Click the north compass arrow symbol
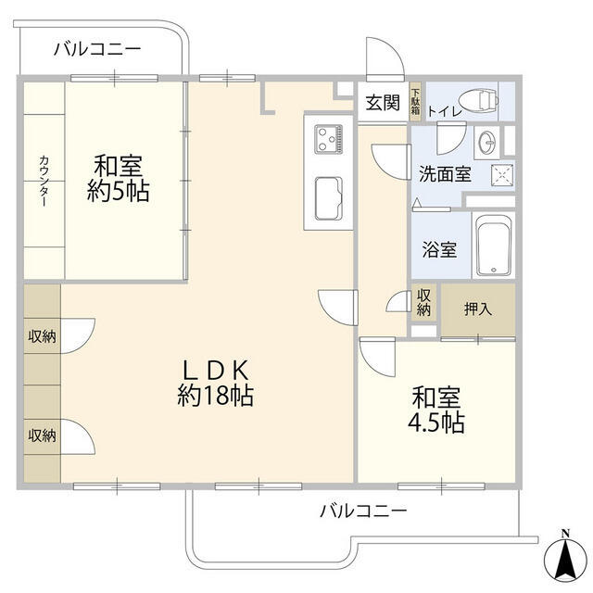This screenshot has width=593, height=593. (564, 555)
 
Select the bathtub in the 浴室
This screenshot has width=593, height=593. (492, 247)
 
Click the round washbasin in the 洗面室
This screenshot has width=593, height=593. (488, 142)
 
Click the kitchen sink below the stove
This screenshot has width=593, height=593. (328, 196)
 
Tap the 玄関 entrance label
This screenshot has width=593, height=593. (382, 103)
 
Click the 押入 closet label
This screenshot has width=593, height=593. (478, 309)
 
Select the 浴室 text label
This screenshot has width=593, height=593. (439, 249)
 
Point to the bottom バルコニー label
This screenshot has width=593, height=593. (363, 510)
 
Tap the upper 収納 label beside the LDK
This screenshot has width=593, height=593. (42, 336)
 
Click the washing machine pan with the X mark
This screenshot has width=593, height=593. (501, 173)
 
